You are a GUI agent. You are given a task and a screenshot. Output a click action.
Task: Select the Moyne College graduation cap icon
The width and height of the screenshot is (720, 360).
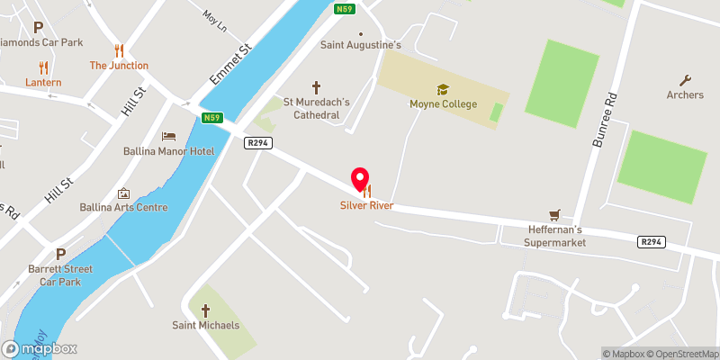442,89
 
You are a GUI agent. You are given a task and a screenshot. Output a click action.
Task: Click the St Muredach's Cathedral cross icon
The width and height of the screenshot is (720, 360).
316,87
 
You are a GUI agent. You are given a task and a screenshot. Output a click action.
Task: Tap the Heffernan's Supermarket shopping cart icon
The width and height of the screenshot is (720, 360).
554,214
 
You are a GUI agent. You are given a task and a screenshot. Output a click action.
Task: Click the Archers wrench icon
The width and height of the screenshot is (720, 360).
685,80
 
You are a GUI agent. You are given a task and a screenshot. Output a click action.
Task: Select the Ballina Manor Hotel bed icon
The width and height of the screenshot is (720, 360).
168,136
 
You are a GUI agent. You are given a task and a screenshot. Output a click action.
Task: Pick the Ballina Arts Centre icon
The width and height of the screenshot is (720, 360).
124,193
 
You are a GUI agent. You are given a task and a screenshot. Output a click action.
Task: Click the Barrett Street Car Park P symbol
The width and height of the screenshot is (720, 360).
60,254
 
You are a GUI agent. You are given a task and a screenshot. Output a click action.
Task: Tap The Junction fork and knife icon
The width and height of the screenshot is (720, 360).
118,49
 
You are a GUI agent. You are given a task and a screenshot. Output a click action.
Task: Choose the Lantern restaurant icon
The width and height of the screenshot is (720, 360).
42,67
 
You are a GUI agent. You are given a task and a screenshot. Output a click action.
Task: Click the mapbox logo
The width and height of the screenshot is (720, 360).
40,348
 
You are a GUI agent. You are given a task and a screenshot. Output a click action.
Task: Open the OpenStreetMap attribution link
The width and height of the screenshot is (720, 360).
681,353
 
